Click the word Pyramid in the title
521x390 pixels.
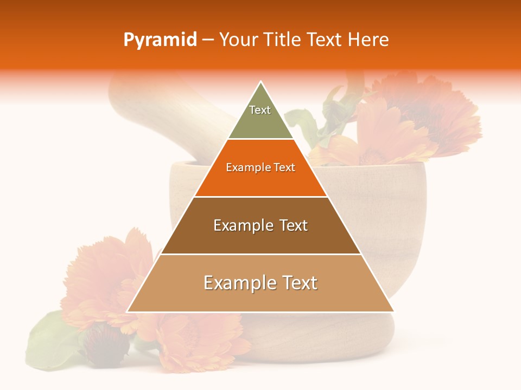[x=160, y=40]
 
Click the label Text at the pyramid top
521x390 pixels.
[x=260, y=110]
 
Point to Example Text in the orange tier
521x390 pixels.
[x=260, y=167]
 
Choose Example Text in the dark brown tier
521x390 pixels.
[x=260, y=225]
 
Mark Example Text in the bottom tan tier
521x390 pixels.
[x=260, y=283]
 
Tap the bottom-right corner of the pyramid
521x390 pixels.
[x=393, y=311]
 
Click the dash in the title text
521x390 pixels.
[x=208, y=40]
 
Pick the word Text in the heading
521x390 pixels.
[x=326, y=40]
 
